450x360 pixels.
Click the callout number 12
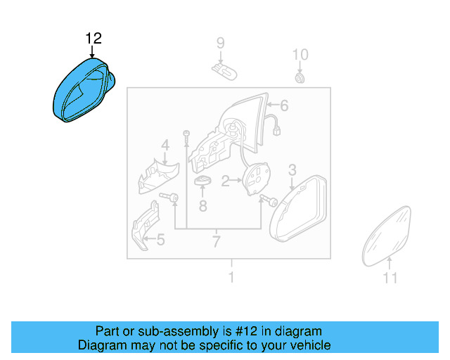coord(94,38)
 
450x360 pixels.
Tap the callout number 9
coord(220,44)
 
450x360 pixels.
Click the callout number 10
coord(300,55)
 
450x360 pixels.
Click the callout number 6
coord(284,107)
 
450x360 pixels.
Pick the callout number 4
coord(165,146)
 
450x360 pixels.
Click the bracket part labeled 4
coord(158,176)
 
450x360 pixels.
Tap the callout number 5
coord(160,240)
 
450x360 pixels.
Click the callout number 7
coord(216,243)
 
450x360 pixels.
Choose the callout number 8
coord(202,206)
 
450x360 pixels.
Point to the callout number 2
coord(226,182)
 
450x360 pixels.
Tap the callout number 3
coord(292,169)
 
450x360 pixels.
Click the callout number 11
coord(390,278)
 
